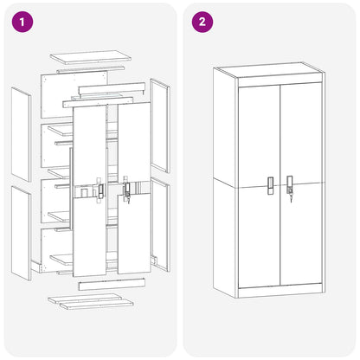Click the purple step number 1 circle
point(22,22)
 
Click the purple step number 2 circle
point(202,22)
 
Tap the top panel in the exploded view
point(91,57)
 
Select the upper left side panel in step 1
point(21,134)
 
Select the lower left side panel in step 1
point(21,233)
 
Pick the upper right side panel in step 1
point(160,125)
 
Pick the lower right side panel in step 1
point(160,224)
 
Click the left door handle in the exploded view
point(100,191)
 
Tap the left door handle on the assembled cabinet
point(270,186)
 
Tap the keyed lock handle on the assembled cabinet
point(290,188)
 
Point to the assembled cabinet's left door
point(260,186)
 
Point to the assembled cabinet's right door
point(301,183)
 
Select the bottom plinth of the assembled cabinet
point(280,291)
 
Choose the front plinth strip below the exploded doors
point(112,285)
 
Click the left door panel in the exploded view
point(90,191)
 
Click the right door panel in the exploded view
point(134,188)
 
